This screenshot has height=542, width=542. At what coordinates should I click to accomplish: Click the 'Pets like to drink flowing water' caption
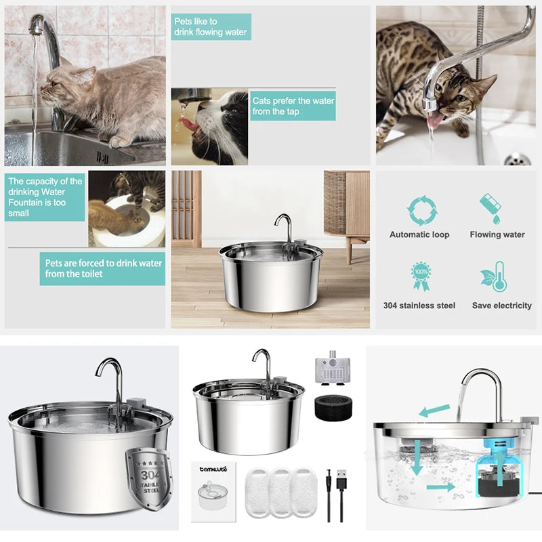pyautogui.click(x=211, y=26)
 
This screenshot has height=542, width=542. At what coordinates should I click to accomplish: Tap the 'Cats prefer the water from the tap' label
pyautogui.click(x=293, y=106)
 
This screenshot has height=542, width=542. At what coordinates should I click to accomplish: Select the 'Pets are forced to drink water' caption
pyautogui.click(x=102, y=268)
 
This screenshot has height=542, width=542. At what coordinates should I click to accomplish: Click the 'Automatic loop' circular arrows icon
pyautogui.click(x=419, y=210)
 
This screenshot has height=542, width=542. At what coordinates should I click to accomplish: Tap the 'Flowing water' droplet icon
pyautogui.click(x=493, y=209)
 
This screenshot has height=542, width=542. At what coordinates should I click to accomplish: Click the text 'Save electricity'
pyautogui.click(x=501, y=306)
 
